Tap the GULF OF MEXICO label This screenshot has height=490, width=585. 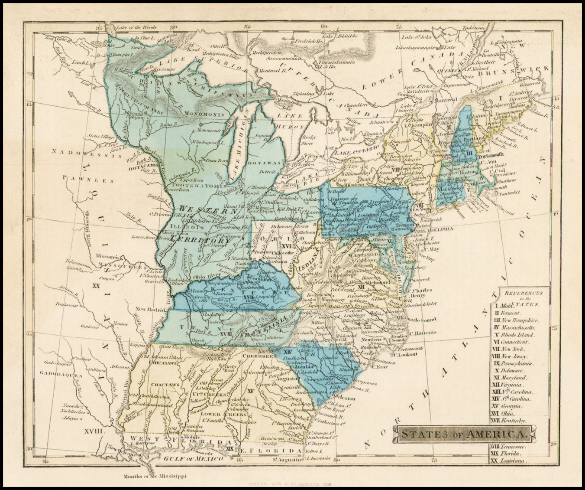pos(191,458)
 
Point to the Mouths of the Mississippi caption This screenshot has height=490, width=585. pos(155,475)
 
